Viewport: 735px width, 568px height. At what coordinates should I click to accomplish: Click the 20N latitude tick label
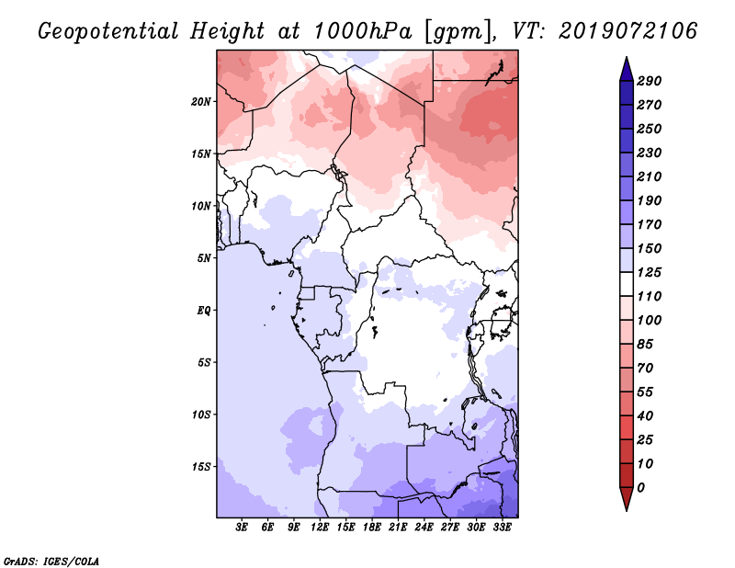(x=201, y=102)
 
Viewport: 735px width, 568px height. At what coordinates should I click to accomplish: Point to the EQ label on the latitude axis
(x=204, y=311)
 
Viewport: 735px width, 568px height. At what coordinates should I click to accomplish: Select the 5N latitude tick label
(x=204, y=258)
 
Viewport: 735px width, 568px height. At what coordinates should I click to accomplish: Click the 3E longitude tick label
(x=242, y=528)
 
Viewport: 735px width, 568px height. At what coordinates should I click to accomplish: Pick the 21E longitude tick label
(x=398, y=528)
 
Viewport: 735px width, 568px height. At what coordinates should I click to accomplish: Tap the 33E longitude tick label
(x=502, y=528)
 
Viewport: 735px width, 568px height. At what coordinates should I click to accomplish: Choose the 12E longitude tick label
(x=319, y=528)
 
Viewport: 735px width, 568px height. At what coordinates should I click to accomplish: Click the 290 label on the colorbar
(x=649, y=81)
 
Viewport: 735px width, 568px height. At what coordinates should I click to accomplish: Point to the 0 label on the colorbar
(x=640, y=488)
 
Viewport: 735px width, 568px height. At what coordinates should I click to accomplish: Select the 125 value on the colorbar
(x=649, y=272)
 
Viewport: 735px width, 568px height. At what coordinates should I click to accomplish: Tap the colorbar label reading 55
(x=645, y=392)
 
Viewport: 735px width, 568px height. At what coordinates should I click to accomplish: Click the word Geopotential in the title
(x=108, y=31)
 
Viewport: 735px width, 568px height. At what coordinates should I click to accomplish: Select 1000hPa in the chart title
(x=362, y=31)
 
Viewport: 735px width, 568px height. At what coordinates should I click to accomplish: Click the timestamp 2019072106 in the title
(x=628, y=31)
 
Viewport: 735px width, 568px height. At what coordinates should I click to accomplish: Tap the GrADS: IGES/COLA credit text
(x=51, y=562)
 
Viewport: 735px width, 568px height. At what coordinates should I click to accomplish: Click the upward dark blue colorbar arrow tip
(x=627, y=57)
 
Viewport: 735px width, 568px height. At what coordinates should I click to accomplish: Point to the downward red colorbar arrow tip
(x=627, y=510)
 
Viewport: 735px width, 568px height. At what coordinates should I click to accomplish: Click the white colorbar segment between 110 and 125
(x=627, y=284)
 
